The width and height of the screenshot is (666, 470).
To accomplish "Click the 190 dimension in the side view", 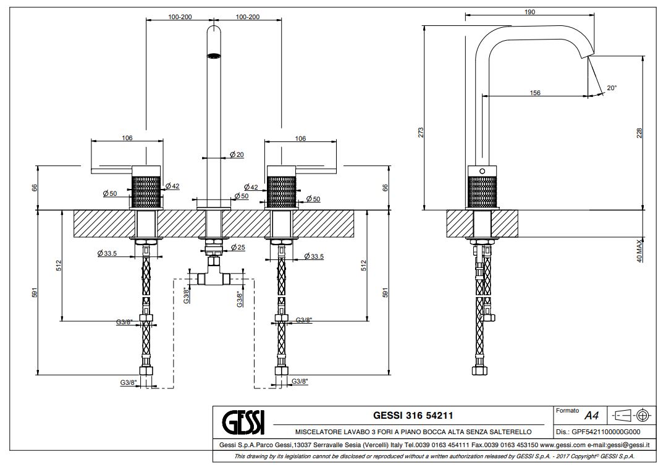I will (529, 12).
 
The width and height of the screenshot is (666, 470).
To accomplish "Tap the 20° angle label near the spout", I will (612, 88).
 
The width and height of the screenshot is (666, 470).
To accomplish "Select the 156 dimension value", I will (535, 93).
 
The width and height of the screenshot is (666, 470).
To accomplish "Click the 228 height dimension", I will (639, 133).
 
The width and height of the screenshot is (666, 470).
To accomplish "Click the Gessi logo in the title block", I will (242, 422).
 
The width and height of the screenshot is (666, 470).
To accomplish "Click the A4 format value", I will (591, 416).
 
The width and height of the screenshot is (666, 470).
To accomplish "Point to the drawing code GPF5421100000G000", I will (598, 432).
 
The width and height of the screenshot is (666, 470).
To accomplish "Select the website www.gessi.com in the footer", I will (562, 445).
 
